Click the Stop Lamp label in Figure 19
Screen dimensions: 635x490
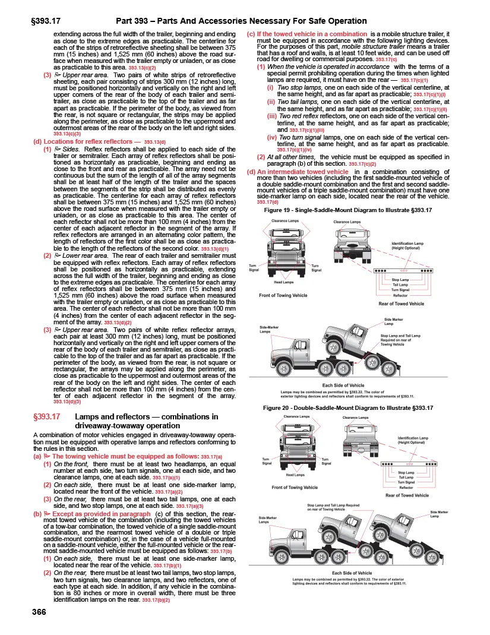pos(400,279)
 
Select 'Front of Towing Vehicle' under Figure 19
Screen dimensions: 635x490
pos(283,295)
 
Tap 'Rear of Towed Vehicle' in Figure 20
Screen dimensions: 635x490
pos(407,495)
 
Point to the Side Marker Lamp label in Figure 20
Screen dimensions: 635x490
pos(439,514)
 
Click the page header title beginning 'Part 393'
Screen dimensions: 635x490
pos(242,21)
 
